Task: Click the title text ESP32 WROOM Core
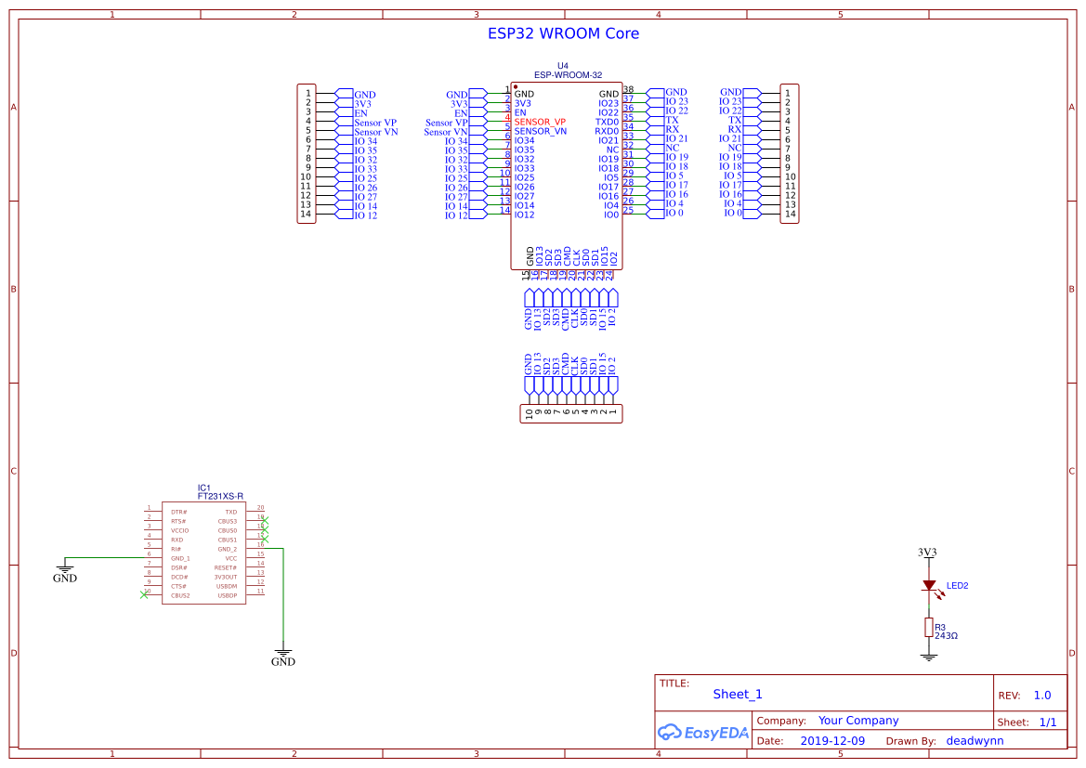(563, 33)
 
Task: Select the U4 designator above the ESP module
(562, 66)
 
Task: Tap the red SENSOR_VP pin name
(540, 122)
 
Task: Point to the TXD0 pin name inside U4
(607, 122)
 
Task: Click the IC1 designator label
(204, 488)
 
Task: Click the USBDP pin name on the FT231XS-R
(227, 595)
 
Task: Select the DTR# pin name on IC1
(178, 512)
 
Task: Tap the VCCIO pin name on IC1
(179, 530)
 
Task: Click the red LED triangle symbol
(928, 586)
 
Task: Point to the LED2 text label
(957, 586)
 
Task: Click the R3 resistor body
(928, 628)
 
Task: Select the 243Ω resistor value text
(946, 636)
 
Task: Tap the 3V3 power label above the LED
(927, 552)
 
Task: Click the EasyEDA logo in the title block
(702, 732)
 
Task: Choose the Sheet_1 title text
(737, 694)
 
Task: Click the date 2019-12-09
(831, 741)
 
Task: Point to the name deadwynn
(975, 741)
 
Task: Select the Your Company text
(857, 721)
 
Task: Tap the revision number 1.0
(1041, 695)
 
